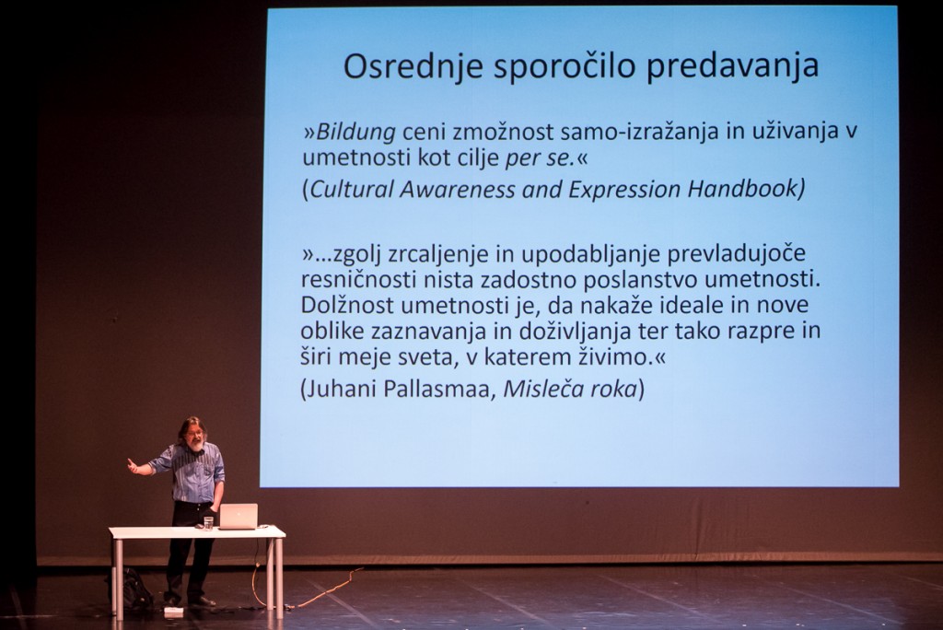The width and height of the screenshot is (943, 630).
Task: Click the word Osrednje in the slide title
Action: click(x=413, y=66)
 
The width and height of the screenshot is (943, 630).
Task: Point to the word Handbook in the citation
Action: click(x=742, y=189)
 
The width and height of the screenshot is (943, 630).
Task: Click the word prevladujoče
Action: click(x=737, y=254)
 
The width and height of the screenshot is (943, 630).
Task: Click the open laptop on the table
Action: click(x=239, y=517)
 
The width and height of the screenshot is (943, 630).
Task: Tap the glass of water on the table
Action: click(x=208, y=523)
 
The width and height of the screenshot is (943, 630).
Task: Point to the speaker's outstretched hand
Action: click(x=133, y=464)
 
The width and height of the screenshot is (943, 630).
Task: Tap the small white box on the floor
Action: click(x=173, y=612)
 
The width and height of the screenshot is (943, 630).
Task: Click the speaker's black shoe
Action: click(x=202, y=601)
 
